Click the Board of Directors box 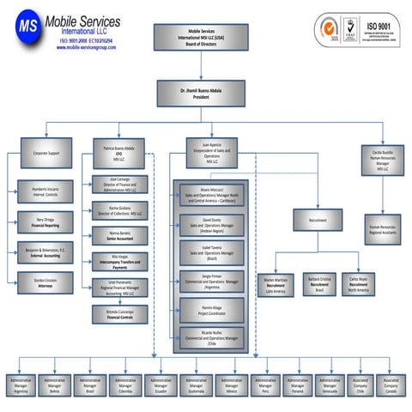coord(203,38)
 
